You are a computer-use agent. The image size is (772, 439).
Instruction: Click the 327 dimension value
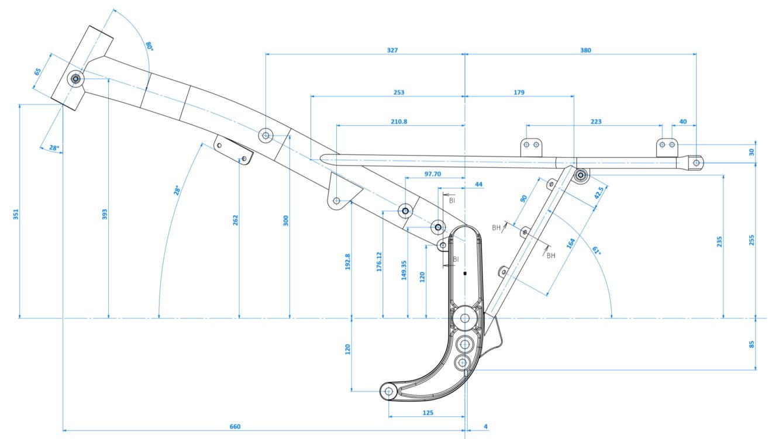392,50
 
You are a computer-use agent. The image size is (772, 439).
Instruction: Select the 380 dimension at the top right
585,50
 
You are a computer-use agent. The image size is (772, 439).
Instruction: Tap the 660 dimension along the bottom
235,427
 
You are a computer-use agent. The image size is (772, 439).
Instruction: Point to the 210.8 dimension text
398,122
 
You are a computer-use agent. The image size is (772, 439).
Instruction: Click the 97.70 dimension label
432,174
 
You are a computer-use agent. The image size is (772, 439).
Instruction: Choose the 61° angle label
597,251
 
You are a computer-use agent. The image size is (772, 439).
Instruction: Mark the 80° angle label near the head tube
149,46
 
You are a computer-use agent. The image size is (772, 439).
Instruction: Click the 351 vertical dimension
16,215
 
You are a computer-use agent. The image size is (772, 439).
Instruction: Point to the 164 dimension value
571,243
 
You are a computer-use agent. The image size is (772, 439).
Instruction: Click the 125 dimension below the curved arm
428,413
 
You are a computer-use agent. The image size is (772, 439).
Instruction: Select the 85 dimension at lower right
752,344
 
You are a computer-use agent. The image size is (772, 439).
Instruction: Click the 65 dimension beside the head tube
38,72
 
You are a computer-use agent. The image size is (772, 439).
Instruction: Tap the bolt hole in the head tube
75,79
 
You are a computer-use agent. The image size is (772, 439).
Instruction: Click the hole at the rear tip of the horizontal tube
696,163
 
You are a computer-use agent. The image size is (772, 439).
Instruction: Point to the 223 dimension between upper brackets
596,122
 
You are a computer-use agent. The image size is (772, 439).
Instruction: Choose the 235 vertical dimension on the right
720,242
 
